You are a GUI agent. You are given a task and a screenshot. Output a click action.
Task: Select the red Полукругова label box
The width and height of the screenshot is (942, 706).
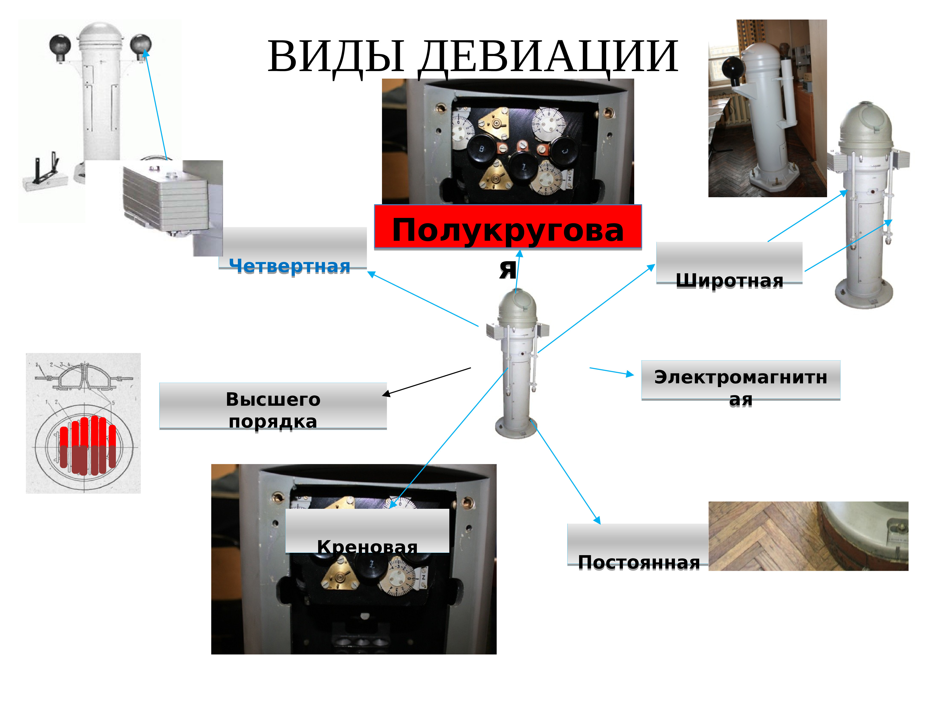508,227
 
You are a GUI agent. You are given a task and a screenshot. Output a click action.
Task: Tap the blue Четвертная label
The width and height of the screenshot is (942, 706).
290,266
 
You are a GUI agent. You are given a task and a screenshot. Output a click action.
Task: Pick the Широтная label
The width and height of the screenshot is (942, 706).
729,280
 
